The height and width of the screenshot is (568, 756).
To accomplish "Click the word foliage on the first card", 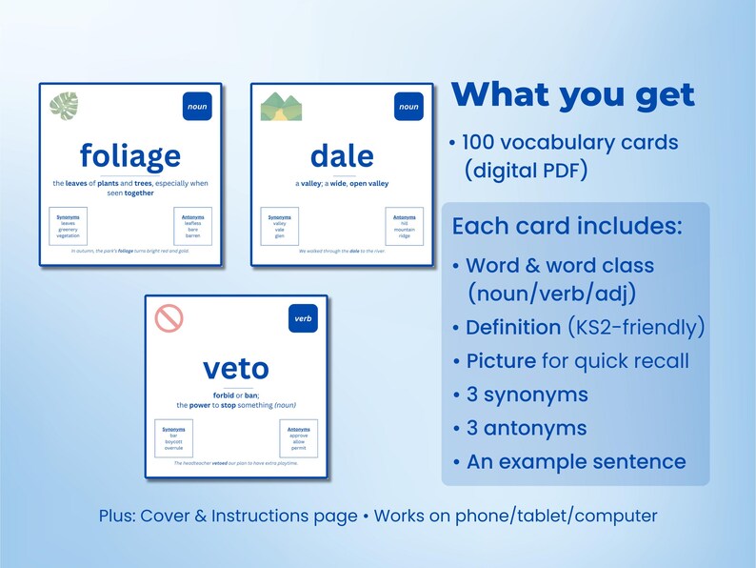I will tap(129, 155).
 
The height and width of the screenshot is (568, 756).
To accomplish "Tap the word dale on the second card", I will tap(342, 155).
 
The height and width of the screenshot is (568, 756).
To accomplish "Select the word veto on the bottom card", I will tap(236, 368).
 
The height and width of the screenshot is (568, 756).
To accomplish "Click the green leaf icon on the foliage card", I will tap(65, 106).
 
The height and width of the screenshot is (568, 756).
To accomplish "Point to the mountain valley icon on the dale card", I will tap(276, 106).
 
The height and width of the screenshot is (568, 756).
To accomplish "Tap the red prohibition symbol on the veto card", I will tap(169, 317).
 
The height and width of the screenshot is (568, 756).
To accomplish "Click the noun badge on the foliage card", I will tap(197, 107).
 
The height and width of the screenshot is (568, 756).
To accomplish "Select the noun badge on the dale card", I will tap(408, 107).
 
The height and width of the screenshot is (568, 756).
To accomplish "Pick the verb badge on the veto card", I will tap(303, 318).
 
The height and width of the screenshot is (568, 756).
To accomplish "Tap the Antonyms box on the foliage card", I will tap(192, 226).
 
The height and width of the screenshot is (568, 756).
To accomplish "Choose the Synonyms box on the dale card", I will tap(279, 226).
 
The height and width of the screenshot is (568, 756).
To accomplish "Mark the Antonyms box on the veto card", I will tap(298, 437).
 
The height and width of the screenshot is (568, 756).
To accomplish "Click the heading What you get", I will tap(573, 94).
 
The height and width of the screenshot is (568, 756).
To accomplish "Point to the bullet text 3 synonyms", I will tap(527, 395).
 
